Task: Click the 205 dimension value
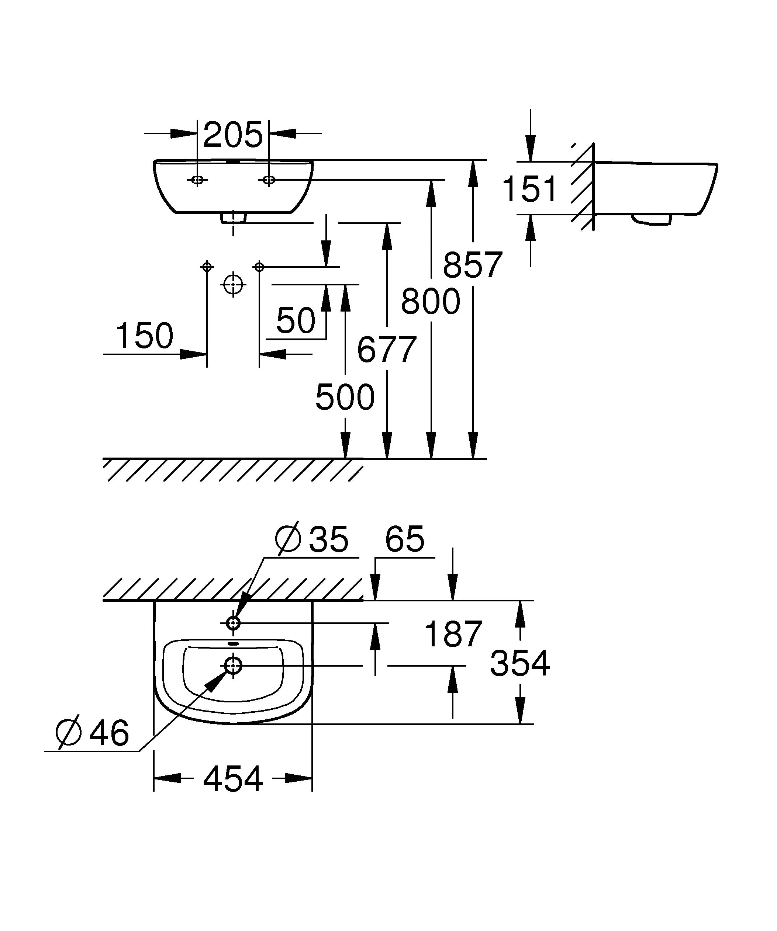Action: click(233, 135)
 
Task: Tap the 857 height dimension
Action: click(472, 265)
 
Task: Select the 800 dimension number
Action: click(430, 302)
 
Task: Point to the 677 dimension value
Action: click(386, 349)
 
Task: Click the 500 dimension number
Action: click(345, 397)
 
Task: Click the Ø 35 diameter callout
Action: click(312, 539)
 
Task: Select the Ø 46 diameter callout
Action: click(93, 732)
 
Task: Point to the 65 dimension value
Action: click(404, 539)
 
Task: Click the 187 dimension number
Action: click(453, 634)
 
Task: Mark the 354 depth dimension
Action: click(519, 664)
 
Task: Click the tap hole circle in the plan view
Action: click(233, 623)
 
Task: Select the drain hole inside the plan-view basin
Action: click(233, 666)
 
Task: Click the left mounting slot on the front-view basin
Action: click(197, 180)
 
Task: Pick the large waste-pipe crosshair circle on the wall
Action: click(233, 284)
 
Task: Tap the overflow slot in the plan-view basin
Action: click(233, 644)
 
